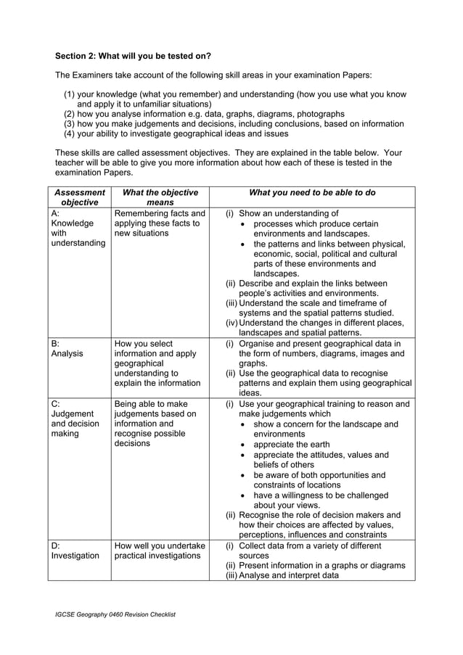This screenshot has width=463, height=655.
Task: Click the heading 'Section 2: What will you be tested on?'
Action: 133,55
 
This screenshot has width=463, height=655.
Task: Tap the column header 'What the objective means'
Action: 160,198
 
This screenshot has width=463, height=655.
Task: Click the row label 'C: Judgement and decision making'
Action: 76,421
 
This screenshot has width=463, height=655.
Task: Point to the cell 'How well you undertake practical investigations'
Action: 160,550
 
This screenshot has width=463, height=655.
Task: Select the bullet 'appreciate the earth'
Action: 291,445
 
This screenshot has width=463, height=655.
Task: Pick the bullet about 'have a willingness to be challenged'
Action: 321,500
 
